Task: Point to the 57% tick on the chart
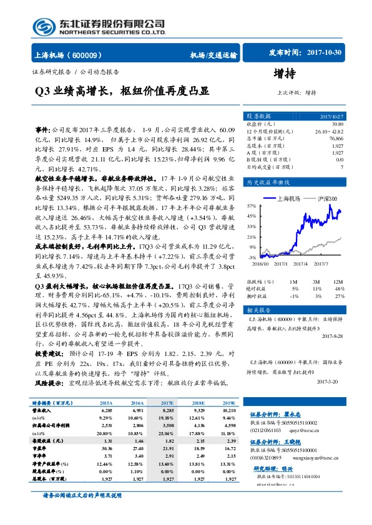click(x=251, y=205)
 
